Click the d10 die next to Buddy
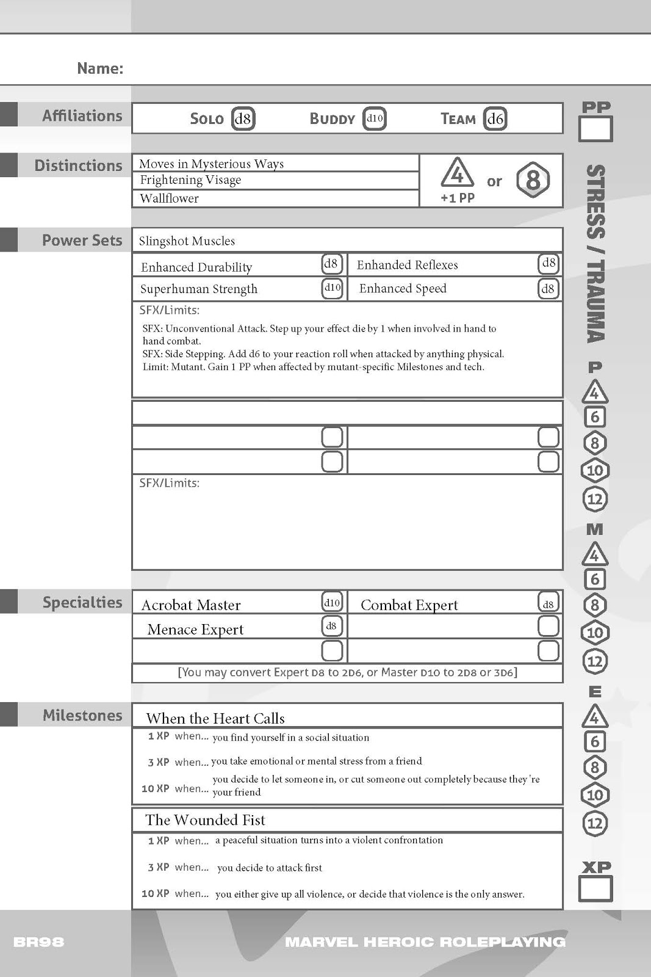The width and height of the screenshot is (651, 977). [x=374, y=118]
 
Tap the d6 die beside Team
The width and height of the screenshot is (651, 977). [x=495, y=118]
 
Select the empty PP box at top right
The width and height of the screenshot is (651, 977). [x=595, y=129]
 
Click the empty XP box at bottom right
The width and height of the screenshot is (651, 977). [x=595, y=889]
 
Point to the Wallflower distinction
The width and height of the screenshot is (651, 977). [x=169, y=198]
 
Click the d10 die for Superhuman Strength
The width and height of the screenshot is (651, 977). [x=332, y=288]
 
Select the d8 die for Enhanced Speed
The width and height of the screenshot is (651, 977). [x=548, y=288]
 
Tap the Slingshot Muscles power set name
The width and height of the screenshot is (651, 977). [x=187, y=241]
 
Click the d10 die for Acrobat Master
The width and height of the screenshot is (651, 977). [x=332, y=603]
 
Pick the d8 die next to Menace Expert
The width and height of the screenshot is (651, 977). [x=331, y=626]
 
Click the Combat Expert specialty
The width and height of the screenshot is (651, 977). [x=409, y=605]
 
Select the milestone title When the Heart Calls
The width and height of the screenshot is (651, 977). [x=215, y=718]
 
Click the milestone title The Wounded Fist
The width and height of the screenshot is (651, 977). [x=205, y=819]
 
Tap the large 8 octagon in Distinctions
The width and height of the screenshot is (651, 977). [x=533, y=180]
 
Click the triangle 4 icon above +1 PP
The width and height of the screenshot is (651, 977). [x=457, y=173]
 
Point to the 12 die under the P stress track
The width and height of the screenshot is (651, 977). [x=594, y=499]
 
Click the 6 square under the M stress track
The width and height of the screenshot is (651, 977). [x=594, y=579]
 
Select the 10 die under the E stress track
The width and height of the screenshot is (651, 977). [x=594, y=795]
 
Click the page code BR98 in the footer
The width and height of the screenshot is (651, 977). [x=38, y=942]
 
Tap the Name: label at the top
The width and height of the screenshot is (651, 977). [x=100, y=68]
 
